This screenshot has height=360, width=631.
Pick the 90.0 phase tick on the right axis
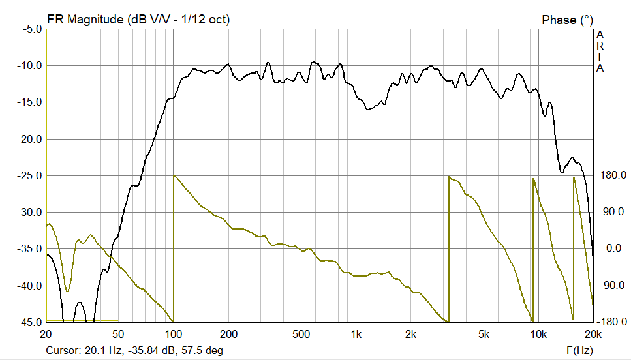(614, 212)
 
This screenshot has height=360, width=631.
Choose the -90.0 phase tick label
(613, 285)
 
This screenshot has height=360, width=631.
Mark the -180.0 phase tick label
(611, 322)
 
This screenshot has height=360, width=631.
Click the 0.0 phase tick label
(614, 248)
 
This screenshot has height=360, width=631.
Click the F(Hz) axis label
(579, 350)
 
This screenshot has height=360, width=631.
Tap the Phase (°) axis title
(568, 20)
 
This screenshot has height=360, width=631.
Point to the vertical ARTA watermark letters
(600, 51)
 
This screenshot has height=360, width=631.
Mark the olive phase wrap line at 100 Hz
(174, 248)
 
